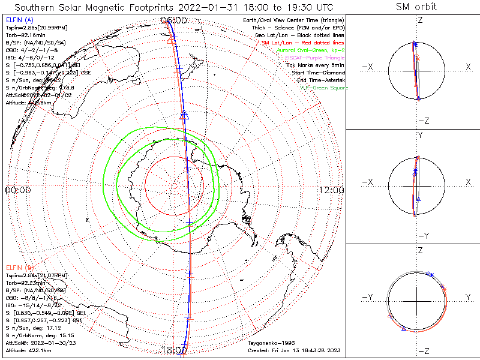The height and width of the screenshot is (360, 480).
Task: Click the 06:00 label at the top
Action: click(x=175, y=20)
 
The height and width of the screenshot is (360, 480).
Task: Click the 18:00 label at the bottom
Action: click(x=175, y=350)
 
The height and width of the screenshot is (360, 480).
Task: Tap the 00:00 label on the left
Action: click(x=17, y=190)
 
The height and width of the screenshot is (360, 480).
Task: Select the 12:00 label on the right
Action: click(x=332, y=190)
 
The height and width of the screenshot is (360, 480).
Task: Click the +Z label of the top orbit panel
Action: click(x=421, y=20)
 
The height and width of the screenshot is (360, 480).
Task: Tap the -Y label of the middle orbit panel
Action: click(x=421, y=235)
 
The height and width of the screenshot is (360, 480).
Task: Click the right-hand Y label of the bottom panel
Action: click(x=468, y=297)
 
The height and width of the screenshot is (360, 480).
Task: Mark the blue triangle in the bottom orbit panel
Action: click(x=404, y=329)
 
